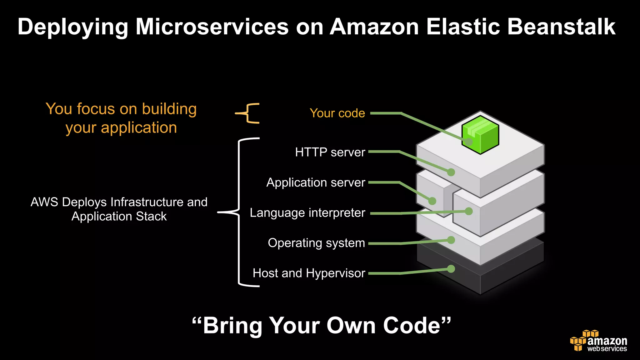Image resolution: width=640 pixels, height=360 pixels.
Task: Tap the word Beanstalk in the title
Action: [561, 27]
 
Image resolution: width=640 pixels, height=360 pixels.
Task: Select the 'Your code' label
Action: [337, 113]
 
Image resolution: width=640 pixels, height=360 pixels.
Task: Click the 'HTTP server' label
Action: [330, 152]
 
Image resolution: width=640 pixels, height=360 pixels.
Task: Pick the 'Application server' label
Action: [316, 182]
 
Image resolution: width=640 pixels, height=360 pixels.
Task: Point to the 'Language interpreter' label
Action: [307, 213]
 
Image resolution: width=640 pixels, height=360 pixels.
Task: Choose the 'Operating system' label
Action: [316, 243]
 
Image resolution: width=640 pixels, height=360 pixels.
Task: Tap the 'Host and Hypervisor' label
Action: [309, 273]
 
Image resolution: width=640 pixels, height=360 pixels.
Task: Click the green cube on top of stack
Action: [480, 135]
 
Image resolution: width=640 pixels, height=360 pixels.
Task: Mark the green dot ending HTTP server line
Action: [451, 172]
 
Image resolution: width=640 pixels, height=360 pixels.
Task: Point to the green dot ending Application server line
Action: [432, 201]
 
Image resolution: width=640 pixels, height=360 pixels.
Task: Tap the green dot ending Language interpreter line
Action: [468, 212]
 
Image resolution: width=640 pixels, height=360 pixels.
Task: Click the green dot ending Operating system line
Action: [451, 240]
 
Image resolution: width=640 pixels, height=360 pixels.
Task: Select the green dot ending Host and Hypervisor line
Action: [451, 269]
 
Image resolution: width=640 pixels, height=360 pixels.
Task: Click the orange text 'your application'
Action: [121, 128]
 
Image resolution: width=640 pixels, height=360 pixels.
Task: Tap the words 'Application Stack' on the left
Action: [119, 216]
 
